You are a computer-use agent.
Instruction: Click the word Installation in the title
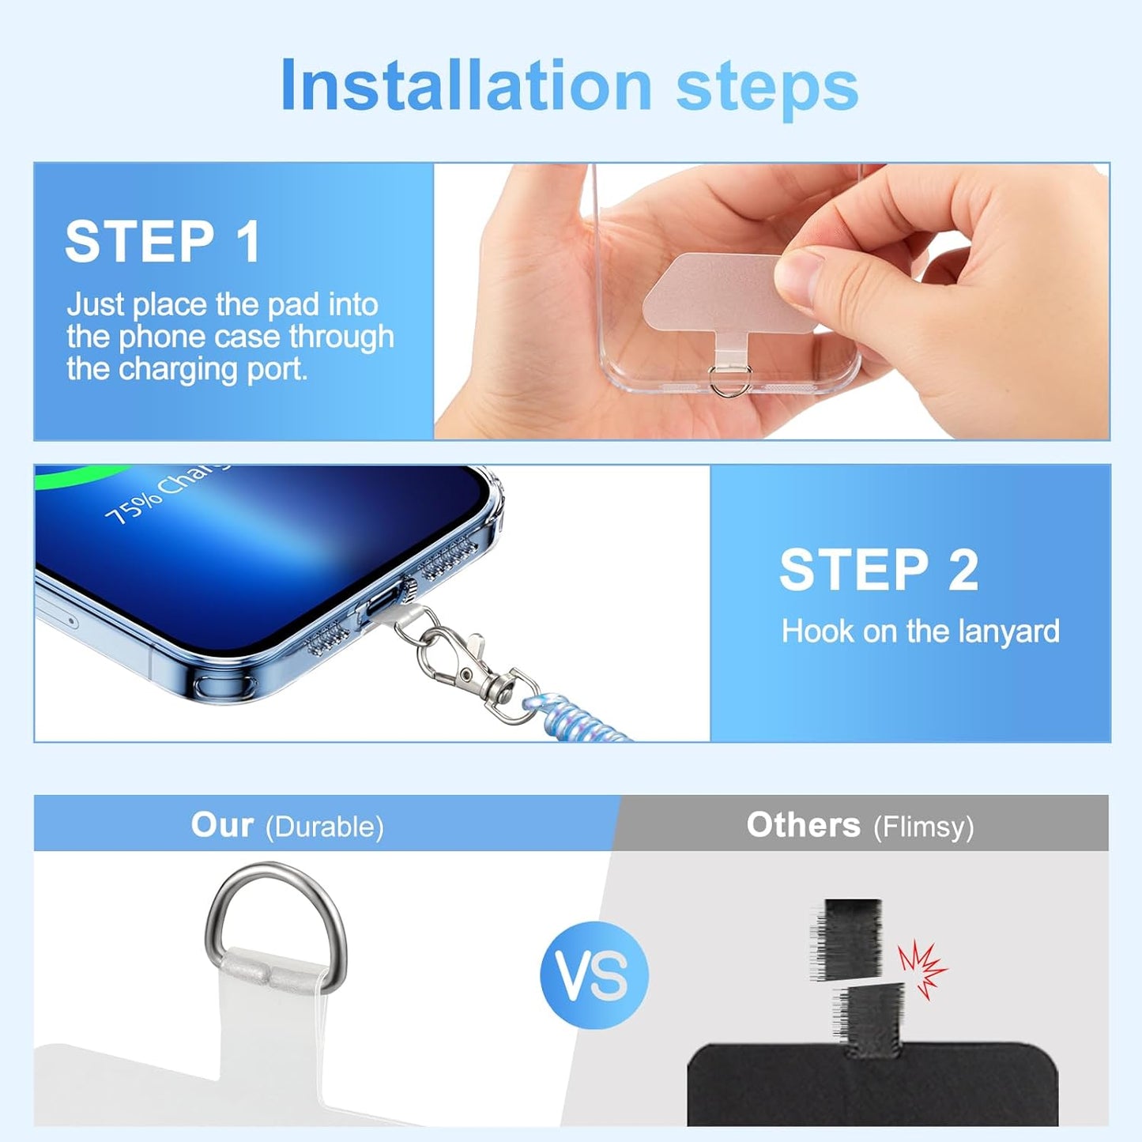(x=466, y=85)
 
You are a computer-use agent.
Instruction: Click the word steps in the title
(x=767, y=87)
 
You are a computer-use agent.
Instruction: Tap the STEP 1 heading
(x=163, y=241)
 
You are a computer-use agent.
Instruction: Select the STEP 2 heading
(x=879, y=569)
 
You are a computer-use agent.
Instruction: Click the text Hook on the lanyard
(x=920, y=631)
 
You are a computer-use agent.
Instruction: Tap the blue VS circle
(x=594, y=974)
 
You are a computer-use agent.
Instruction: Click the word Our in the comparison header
(x=222, y=824)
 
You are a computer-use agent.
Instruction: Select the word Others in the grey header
(x=803, y=824)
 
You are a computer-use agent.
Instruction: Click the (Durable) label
(x=324, y=827)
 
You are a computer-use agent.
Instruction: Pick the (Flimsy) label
(x=923, y=827)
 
